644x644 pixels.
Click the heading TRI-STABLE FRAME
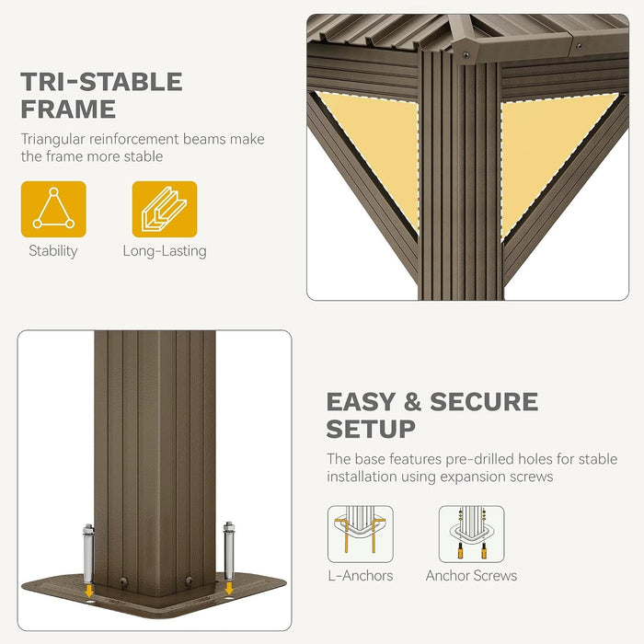[101, 95]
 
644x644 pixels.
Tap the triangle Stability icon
[53, 209]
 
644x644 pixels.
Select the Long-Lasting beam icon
[165, 209]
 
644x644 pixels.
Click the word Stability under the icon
[53, 251]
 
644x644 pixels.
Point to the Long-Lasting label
[165, 251]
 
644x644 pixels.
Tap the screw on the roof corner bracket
[466, 54]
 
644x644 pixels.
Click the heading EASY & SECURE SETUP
[432, 415]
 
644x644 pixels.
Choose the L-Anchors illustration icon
[361, 534]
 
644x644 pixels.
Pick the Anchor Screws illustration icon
[471, 534]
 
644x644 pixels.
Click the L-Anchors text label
[361, 576]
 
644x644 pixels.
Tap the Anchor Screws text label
[471, 576]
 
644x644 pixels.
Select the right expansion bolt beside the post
[229, 552]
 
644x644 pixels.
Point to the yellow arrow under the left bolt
[88, 592]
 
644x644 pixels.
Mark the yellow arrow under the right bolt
[229, 588]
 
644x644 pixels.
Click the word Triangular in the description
[53, 140]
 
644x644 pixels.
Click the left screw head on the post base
[123, 581]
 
